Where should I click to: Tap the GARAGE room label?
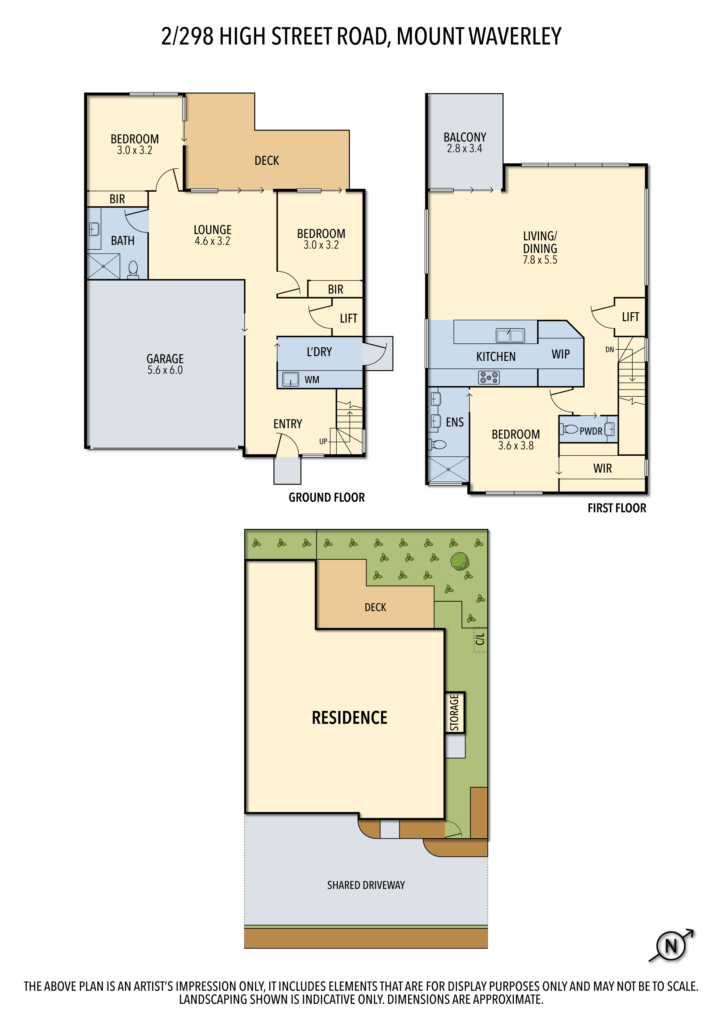tap(165, 358)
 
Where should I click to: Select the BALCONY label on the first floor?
tap(465, 137)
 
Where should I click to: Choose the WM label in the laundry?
tap(312, 380)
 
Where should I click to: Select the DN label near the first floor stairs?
tap(609, 349)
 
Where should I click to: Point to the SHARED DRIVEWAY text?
tap(366, 885)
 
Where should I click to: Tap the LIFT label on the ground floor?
tap(348, 318)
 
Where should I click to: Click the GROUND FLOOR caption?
tap(327, 497)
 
